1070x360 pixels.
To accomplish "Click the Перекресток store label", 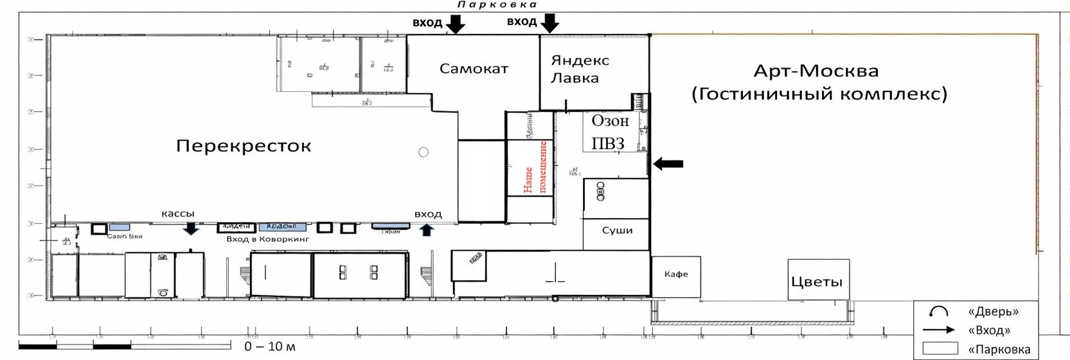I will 243,146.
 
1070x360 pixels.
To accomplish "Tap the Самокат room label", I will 474,68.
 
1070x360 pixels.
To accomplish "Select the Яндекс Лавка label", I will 580,69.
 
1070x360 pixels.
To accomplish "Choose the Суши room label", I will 617,230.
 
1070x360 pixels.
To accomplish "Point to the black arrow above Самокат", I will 456,24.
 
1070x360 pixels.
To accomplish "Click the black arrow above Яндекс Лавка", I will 549,24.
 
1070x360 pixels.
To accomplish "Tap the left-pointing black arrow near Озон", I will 668,164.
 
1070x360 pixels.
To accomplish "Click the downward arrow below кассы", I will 191,228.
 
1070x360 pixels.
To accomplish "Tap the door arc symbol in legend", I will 939,312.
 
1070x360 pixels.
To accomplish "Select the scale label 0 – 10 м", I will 269,346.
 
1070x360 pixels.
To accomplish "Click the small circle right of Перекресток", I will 423,152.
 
